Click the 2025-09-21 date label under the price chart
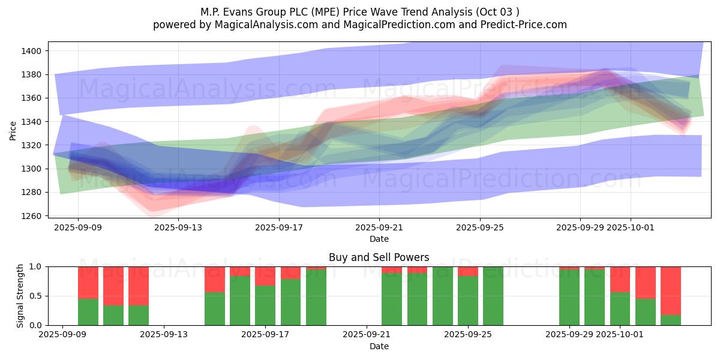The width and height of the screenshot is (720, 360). pos(379,228)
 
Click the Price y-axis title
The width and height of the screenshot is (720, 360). pos(13,130)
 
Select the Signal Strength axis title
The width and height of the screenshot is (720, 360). pos(21,296)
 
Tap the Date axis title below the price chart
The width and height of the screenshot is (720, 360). pos(379,239)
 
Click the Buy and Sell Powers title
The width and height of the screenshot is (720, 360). pos(379,257)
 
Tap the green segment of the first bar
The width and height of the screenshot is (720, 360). pos(88,312)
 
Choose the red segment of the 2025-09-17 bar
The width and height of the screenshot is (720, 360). pos(265,275)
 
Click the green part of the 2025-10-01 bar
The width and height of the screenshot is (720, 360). pos(620,309)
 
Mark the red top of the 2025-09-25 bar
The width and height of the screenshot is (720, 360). pos(468,271)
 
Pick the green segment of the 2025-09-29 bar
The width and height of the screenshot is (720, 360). pos(569,298)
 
